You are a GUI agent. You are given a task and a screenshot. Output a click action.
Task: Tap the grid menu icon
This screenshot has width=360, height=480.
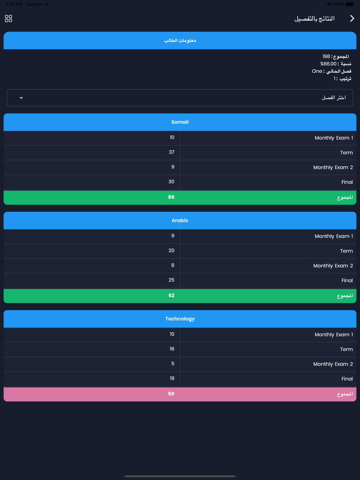coord(9,19)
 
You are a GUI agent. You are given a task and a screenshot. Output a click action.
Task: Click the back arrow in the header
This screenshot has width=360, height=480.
coord(352,19)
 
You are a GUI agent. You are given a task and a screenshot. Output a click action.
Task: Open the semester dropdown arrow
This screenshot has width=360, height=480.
coord(21,98)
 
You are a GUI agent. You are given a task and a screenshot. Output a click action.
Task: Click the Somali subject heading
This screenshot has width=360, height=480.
coord(180,122)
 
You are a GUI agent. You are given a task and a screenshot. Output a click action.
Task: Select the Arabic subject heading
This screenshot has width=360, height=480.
coord(180,220)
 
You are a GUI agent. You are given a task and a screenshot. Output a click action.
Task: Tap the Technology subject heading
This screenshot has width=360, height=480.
coord(180,319)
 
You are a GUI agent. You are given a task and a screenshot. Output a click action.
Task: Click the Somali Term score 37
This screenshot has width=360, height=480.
coord(172,152)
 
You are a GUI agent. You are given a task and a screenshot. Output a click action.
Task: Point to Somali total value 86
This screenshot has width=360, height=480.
coord(171,197)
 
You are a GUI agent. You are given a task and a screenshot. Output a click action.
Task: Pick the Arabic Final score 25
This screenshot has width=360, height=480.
coord(171,280)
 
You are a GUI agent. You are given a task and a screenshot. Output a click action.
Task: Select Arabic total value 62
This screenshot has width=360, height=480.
coord(171,295)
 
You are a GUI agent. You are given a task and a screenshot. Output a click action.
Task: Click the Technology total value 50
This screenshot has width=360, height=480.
coord(171,394)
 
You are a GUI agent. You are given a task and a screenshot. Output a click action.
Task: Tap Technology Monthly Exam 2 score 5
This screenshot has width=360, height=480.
coord(173,363)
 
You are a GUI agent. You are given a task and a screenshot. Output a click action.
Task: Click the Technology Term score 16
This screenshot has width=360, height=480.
coord(172,349)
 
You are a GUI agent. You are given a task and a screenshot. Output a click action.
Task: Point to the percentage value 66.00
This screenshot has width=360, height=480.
coord(329,64)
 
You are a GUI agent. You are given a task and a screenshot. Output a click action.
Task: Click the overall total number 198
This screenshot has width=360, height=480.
coord(326,56)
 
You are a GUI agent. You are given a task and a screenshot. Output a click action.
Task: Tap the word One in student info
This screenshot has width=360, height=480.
coord(317,71)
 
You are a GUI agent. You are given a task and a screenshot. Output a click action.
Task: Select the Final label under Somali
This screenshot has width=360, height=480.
coord(347,182)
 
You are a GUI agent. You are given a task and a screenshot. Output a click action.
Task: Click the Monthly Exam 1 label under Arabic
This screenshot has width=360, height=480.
coord(334,236)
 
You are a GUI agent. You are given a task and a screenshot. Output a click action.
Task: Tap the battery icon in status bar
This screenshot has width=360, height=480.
coord(350,4)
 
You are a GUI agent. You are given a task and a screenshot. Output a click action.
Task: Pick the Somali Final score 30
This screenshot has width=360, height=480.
coord(171,182)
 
